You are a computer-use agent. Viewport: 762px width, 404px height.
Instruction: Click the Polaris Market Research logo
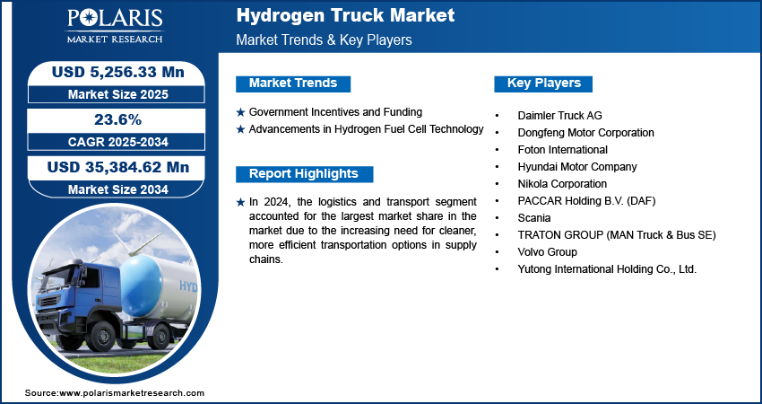115,25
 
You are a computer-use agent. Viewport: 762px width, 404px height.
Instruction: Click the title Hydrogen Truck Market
345,15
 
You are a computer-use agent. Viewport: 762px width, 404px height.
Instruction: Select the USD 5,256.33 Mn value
118,72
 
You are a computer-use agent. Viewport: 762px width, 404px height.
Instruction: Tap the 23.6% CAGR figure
118,119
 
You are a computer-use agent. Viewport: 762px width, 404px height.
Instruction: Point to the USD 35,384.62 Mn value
118,167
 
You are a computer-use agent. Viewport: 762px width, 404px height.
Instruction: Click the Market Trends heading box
293,83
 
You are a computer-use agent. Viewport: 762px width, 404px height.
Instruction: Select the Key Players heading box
543,83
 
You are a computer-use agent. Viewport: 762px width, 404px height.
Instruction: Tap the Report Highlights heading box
304,174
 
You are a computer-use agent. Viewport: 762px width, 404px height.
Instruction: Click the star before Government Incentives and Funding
240,112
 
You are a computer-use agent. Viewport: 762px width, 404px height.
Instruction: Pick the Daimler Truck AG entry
559,116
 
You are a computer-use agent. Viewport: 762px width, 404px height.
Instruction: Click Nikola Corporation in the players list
562,184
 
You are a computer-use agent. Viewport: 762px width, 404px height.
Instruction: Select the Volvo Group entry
547,252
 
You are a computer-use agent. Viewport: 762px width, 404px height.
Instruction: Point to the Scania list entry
534,218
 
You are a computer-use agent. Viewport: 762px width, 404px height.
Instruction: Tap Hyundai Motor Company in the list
577,167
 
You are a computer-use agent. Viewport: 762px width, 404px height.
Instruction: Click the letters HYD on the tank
188,285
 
